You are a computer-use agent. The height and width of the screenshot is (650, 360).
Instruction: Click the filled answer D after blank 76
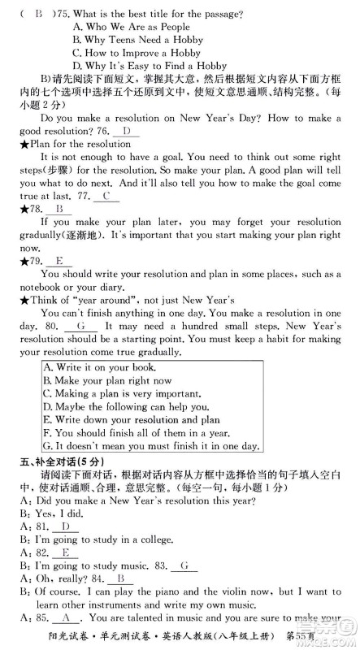point(124,132)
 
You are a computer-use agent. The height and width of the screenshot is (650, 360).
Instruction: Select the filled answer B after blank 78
point(58,209)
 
